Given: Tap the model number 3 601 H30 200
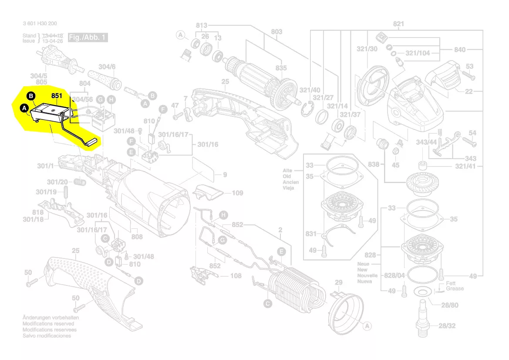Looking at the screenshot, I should [x=40, y=24].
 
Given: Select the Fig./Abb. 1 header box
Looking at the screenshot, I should [x=88, y=37].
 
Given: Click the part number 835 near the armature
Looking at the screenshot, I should [x=281, y=68].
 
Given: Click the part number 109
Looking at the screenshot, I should [x=237, y=193].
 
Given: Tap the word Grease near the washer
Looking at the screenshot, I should [x=455, y=289].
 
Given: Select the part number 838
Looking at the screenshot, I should [x=374, y=164].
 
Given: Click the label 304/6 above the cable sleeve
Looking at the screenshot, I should [x=107, y=67].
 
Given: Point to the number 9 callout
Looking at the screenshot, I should [x=225, y=175].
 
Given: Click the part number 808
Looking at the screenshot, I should [x=137, y=237].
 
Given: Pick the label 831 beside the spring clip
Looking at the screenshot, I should [x=311, y=234].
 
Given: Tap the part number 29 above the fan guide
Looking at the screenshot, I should [x=339, y=283].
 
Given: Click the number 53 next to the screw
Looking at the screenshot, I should [x=469, y=67].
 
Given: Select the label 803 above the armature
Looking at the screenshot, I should [x=276, y=32].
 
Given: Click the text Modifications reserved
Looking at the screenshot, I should [x=48, y=324].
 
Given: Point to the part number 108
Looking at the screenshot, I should [x=236, y=275].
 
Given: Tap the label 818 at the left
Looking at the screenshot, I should [x=38, y=212].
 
